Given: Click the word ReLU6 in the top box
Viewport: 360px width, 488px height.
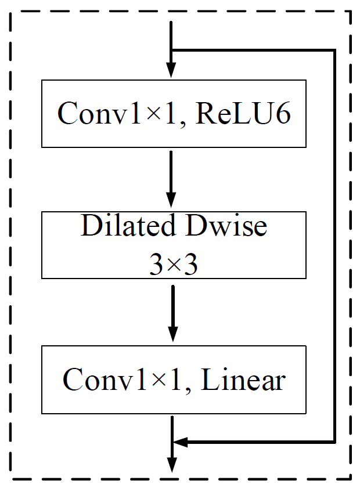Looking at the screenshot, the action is tap(243, 113).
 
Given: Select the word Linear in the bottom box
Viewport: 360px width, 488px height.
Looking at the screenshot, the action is tap(243, 379).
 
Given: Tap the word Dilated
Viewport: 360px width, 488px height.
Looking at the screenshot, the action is tap(128, 225).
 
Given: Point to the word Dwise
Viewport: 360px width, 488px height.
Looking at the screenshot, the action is tap(226, 225).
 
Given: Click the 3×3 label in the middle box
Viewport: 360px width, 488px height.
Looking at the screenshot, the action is tap(174, 264).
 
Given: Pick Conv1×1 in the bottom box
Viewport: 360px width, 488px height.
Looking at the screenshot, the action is tap(122, 379).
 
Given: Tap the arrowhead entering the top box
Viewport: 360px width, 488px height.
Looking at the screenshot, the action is tap(171, 70).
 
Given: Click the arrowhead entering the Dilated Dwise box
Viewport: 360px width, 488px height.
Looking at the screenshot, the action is tap(171, 200).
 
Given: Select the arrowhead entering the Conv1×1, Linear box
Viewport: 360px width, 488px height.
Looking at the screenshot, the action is tap(173, 334).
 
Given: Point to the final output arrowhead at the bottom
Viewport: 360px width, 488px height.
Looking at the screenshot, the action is tap(172, 465).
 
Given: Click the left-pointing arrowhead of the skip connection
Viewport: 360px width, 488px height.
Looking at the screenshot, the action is tap(180, 442).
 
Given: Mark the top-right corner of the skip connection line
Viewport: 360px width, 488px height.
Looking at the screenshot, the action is tap(334, 50).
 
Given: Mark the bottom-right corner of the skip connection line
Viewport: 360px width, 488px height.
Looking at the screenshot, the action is tap(334, 442).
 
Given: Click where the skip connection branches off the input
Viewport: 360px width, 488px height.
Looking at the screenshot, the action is tap(171, 50).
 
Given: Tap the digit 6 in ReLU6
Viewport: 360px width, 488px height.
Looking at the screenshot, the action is tap(283, 113).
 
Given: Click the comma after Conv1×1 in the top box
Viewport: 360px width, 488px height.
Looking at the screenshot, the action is tap(183, 124).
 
